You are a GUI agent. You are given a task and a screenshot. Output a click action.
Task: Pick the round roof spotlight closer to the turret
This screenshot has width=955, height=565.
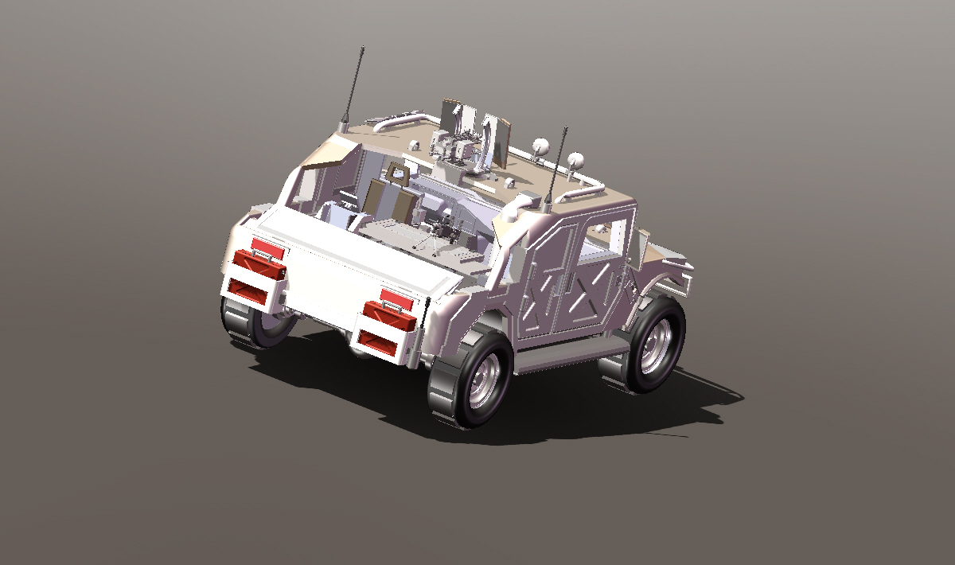540,146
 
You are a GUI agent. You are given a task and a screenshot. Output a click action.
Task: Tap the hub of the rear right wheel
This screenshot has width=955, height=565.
485,379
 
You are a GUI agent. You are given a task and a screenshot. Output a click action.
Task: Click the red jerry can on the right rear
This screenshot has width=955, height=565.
390,314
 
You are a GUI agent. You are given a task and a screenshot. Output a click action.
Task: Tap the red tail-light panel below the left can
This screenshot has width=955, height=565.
249,291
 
